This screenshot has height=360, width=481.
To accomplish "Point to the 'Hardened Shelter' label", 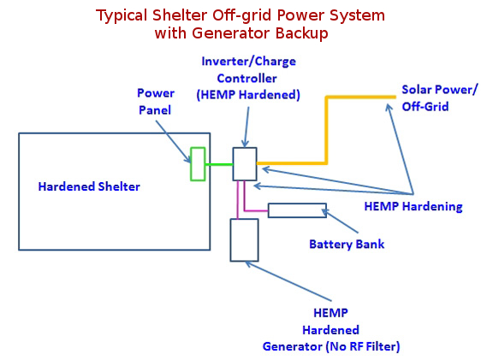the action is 89,186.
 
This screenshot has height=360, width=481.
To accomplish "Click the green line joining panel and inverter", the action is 219,164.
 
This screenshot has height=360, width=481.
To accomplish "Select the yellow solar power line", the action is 326,130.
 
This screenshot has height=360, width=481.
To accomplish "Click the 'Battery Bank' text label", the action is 347,245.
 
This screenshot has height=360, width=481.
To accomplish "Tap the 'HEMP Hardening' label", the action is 413,206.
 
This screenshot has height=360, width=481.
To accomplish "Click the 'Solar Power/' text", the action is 440,90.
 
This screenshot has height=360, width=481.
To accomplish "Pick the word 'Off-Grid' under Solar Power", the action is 425,107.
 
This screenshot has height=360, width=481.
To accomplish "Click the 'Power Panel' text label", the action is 156,102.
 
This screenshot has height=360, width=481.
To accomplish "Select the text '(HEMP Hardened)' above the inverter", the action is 248,95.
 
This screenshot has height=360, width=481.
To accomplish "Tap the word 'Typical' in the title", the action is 122,15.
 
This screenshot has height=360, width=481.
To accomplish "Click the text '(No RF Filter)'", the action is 363,346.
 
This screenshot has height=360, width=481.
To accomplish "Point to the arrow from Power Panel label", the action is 173,141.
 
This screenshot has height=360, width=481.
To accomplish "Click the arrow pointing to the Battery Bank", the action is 340,221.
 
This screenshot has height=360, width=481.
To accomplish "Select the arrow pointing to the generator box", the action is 288,281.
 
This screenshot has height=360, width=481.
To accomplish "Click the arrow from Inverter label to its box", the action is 246,127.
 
